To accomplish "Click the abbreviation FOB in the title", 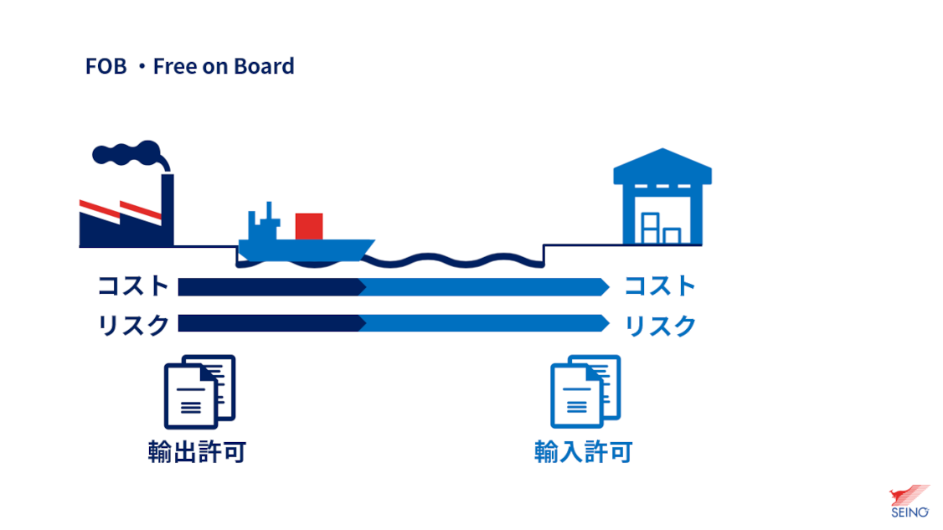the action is tap(106, 66).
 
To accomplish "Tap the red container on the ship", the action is tap(309, 226).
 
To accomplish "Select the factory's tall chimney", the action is tap(167, 209).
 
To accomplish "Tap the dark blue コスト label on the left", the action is tap(133, 286).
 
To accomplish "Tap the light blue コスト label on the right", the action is tap(660, 286).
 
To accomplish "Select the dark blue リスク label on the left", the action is tap(133, 326).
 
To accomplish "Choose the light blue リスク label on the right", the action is tap(660, 326).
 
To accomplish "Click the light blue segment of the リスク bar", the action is tap(485, 323).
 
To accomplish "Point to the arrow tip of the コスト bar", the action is tap(609, 287).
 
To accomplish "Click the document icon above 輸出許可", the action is tap(199, 392).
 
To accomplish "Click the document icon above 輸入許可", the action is tap(585, 392).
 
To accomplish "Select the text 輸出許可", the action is tap(198, 452).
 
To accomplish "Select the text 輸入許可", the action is tap(584, 452).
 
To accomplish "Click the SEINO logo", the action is tap(910, 502).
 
